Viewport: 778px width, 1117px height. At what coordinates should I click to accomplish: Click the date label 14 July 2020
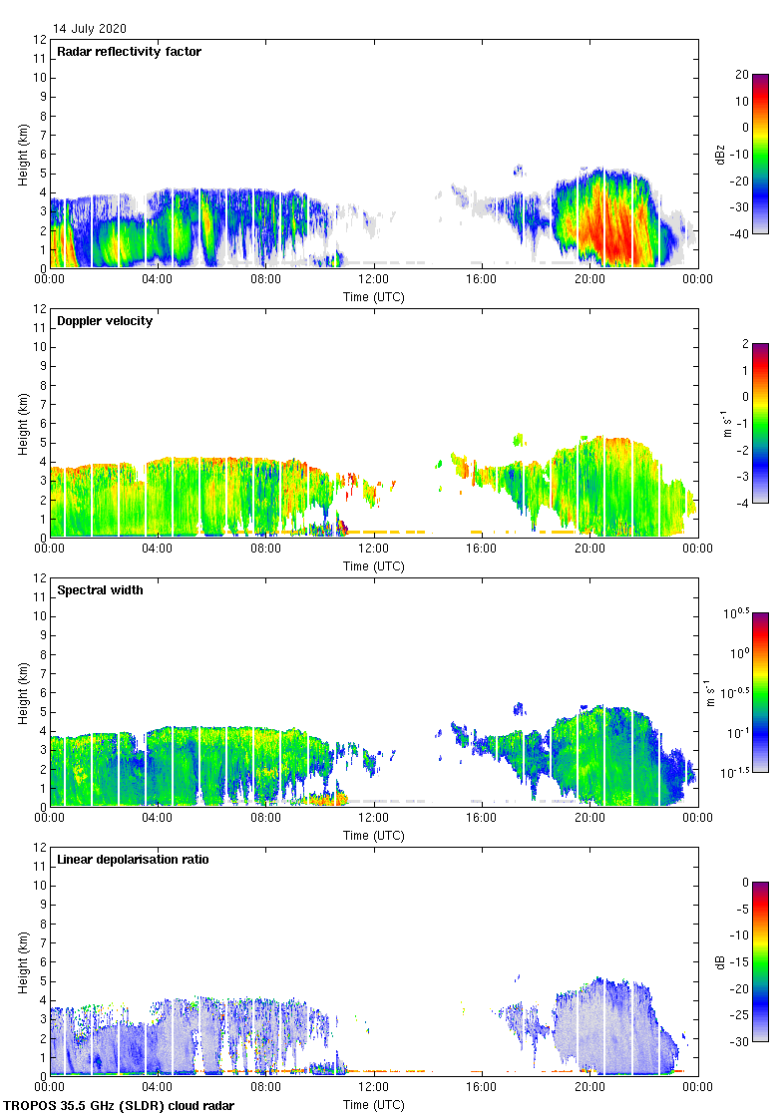[x=90, y=29]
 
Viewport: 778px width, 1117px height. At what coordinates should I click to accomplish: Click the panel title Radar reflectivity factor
[x=130, y=52]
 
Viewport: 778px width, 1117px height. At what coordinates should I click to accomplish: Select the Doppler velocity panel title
[x=105, y=321]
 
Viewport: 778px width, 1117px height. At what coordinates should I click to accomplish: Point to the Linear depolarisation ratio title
[x=133, y=860]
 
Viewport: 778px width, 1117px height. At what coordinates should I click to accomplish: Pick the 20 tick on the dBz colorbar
[x=741, y=75]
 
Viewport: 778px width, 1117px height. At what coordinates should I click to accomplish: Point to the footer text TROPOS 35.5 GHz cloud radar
[x=120, y=1106]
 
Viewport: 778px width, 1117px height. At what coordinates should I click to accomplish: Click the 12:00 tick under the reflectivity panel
[x=373, y=280]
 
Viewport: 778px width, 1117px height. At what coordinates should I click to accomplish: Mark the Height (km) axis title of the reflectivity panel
[x=22, y=154]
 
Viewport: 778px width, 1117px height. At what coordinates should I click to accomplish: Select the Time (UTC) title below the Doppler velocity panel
[x=373, y=566]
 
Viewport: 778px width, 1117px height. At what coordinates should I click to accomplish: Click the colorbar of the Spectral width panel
[x=760, y=692]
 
